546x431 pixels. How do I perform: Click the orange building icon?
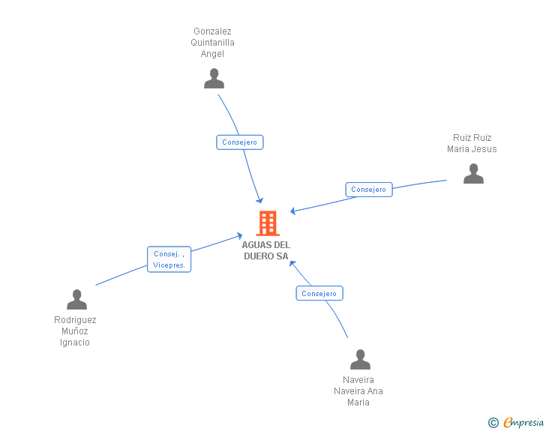pyautogui.click(x=267, y=223)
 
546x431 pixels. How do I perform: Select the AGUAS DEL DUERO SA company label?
pyautogui.click(x=266, y=250)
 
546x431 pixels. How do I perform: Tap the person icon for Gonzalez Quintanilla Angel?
pyautogui.click(x=214, y=79)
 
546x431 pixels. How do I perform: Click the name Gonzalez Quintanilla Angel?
pyautogui.click(x=212, y=43)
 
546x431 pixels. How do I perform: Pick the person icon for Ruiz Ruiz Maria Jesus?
pyautogui.click(x=473, y=173)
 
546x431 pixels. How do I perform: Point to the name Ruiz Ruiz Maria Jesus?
pyautogui.click(x=472, y=143)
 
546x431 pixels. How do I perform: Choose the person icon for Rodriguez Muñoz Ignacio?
pyautogui.click(x=76, y=299)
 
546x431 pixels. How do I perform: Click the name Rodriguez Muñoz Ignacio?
pyautogui.click(x=75, y=331)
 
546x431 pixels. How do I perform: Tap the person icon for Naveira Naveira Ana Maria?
pyautogui.click(x=360, y=359)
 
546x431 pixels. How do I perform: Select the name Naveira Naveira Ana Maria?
pyautogui.click(x=358, y=391)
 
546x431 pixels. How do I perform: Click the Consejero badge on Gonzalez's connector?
pyautogui.click(x=240, y=142)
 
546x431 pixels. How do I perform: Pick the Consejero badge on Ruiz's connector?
pyautogui.click(x=368, y=190)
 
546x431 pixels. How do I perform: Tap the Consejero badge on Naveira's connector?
pyautogui.click(x=319, y=294)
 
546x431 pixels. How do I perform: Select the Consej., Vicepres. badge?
pyautogui.click(x=169, y=259)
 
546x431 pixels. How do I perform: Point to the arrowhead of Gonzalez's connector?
pyautogui.click(x=259, y=200)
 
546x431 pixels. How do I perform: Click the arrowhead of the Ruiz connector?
pyautogui.click(x=293, y=211)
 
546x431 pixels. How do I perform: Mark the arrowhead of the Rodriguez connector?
pyautogui.click(x=238, y=236)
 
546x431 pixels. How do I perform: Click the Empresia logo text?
pyautogui.click(x=523, y=423)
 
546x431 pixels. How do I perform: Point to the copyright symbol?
pyautogui.click(x=493, y=423)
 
